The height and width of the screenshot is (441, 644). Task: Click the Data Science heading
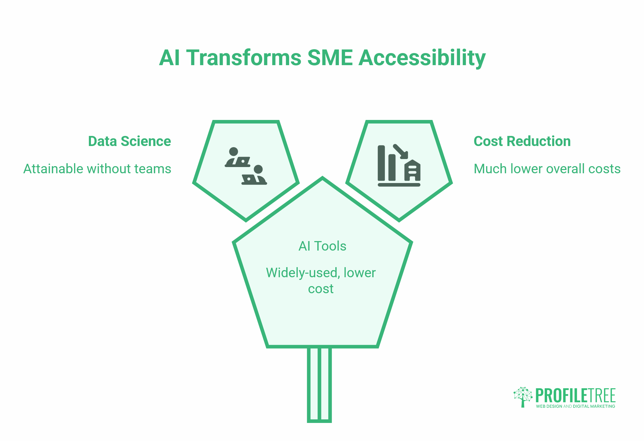129,141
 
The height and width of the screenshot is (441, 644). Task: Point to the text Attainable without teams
97,169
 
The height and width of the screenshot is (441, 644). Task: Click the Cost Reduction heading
522,141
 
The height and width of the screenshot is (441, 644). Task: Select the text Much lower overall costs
547,169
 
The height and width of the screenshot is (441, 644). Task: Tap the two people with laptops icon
246,166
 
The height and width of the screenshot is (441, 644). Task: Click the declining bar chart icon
399,165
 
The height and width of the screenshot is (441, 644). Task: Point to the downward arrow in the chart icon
401,151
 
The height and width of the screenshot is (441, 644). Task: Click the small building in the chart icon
412,170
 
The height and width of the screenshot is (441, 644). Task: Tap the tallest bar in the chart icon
381,163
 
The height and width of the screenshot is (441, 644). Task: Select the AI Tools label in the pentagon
322,246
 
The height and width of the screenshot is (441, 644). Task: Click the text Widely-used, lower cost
321,280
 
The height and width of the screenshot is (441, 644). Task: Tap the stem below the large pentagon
319,384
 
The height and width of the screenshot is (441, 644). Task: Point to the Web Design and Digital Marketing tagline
576,406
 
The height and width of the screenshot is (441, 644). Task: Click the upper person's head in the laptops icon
233,151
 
